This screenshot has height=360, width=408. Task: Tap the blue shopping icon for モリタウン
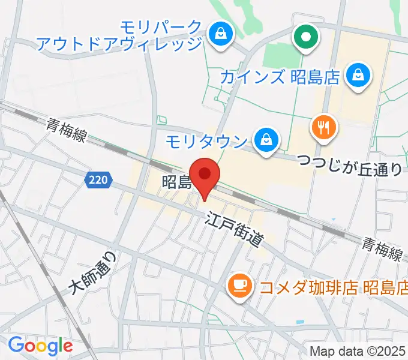[x=264, y=141]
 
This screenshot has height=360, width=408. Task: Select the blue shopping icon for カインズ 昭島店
[x=358, y=76]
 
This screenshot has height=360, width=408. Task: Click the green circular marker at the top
[x=306, y=38]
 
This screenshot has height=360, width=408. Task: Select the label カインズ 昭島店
[x=280, y=77]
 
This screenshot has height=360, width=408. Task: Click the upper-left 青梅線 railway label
[x=67, y=131]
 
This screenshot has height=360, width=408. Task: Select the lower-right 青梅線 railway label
[x=381, y=248]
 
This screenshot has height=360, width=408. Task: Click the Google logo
[x=40, y=346]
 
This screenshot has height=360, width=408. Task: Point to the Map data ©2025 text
[x=358, y=351]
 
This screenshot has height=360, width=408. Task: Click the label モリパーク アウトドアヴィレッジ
[x=120, y=35]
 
